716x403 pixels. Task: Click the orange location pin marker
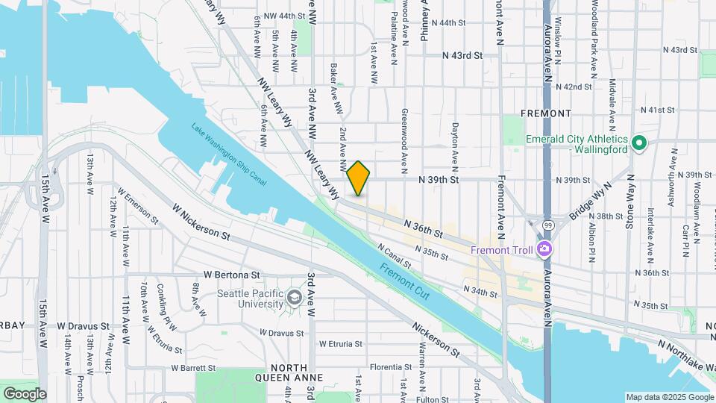coord(359,178)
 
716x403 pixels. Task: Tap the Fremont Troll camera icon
coord(545,249)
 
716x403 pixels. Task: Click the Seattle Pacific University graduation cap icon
coord(295,299)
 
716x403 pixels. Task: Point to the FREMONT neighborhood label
coord(546,113)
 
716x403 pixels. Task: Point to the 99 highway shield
coord(547,224)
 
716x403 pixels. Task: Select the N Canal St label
coord(395,256)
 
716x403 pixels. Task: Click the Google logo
coord(25,393)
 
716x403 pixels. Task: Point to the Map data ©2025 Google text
coord(669,397)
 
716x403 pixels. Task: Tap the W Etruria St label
coord(340,344)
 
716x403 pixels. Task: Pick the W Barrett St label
coord(193,367)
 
